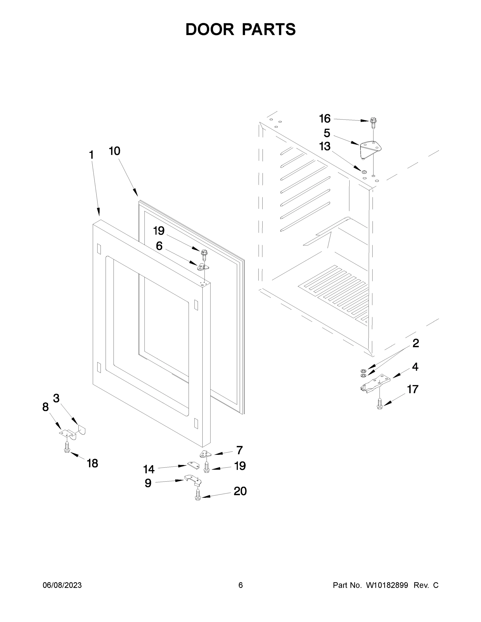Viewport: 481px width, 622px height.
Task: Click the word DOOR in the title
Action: click(210, 29)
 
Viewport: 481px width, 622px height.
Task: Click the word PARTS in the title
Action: click(269, 29)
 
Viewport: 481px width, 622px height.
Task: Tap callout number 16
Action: click(325, 119)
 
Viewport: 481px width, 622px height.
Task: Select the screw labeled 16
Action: click(373, 122)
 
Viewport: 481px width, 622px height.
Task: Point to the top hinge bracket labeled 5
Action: click(371, 149)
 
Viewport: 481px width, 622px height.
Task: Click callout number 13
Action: click(325, 146)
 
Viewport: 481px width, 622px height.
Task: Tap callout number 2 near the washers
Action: click(416, 343)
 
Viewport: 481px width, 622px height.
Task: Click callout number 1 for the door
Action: click(91, 155)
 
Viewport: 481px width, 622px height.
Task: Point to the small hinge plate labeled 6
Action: click(203, 267)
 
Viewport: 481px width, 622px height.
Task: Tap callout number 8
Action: click(45, 407)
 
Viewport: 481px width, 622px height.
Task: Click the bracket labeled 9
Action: click(193, 480)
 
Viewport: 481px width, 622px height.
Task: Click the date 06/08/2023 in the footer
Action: click(62, 585)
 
